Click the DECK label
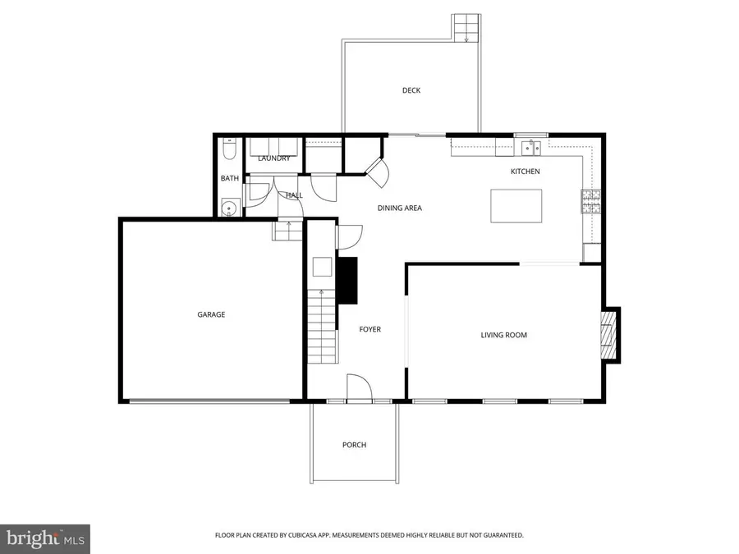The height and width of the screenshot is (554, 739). (x=411, y=90)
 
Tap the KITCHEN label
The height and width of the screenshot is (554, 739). (x=526, y=171)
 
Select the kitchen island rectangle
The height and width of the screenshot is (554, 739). (x=516, y=205)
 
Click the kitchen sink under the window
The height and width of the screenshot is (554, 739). (x=531, y=149)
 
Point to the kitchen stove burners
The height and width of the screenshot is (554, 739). (x=591, y=202)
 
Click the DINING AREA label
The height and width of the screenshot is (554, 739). (x=400, y=208)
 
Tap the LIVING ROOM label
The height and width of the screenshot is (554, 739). (x=503, y=335)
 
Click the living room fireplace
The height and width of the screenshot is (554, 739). (x=608, y=335)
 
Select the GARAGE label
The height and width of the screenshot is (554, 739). (x=211, y=314)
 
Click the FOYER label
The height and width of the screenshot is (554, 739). (x=370, y=329)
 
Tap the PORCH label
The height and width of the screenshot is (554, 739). (x=354, y=445)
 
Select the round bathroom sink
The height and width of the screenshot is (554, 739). (x=230, y=208)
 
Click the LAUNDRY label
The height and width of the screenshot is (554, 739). (x=274, y=158)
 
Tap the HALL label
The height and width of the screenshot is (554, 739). (x=294, y=195)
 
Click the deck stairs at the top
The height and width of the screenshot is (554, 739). (x=466, y=27)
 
